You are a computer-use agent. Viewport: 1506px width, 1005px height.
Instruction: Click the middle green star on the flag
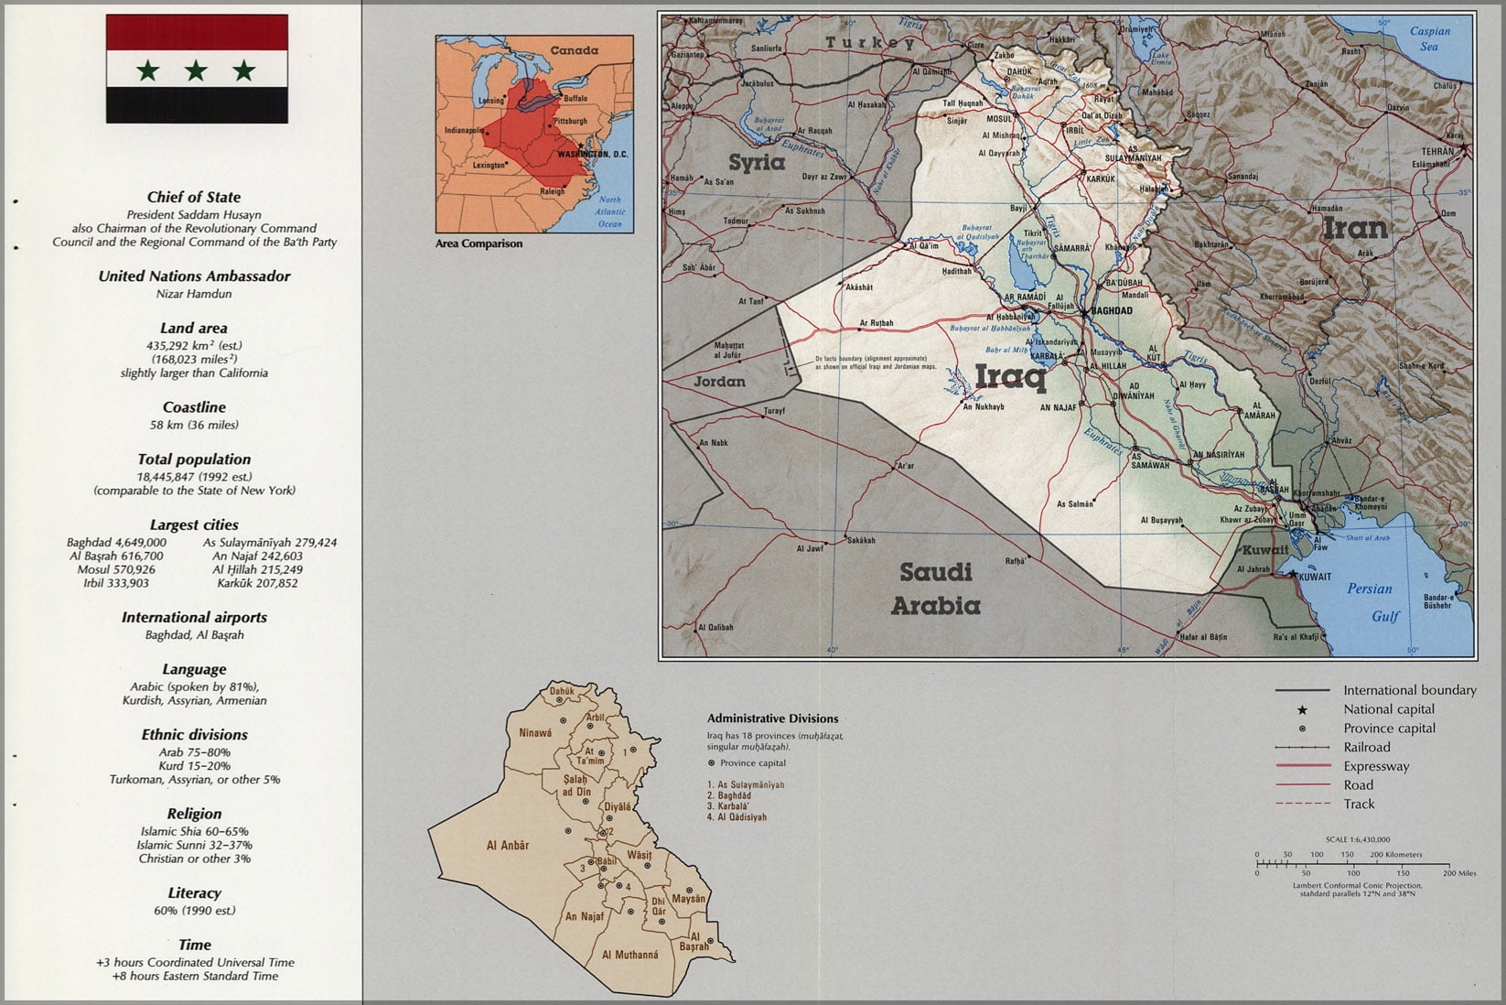pyautogui.click(x=196, y=70)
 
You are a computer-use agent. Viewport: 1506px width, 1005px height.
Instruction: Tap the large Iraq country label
pyautogui.click(x=1010, y=376)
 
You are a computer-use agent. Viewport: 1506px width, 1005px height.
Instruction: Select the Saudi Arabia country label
pyautogui.click(x=935, y=589)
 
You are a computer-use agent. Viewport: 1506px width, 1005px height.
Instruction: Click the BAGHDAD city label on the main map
pyautogui.click(x=1112, y=311)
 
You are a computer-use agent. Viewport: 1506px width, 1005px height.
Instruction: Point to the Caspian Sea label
pyautogui.click(x=1429, y=38)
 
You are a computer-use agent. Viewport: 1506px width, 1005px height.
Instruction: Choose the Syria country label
pyautogui.click(x=757, y=163)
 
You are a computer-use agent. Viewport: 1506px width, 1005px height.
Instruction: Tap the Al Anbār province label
pyautogui.click(x=508, y=846)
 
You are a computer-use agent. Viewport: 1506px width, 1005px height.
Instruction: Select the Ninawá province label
pyautogui.click(x=535, y=732)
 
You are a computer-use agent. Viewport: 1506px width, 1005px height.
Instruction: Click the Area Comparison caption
pyautogui.click(x=479, y=243)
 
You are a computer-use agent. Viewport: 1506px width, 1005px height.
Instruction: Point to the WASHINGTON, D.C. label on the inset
pyautogui.click(x=592, y=154)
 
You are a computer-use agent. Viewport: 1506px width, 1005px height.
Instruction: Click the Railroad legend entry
pyautogui.click(x=1367, y=747)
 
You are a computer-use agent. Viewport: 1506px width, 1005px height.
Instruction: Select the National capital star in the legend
pyautogui.click(x=1301, y=709)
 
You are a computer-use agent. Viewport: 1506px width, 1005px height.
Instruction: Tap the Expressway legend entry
pyautogui.click(x=1376, y=766)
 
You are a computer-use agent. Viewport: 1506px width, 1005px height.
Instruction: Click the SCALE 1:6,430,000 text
pyautogui.click(x=1357, y=839)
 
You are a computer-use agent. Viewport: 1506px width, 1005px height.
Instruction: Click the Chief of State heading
pyautogui.click(x=194, y=197)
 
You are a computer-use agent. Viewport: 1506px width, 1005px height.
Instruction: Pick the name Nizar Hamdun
pyautogui.click(x=194, y=294)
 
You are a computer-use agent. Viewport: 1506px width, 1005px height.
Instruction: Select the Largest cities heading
pyautogui.click(x=194, y=524)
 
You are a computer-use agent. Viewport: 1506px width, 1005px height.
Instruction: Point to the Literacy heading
pyautogui.click(x=194, y=892)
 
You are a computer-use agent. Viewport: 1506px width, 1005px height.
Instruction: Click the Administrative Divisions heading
pyautogui.click(x=772, y=719)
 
